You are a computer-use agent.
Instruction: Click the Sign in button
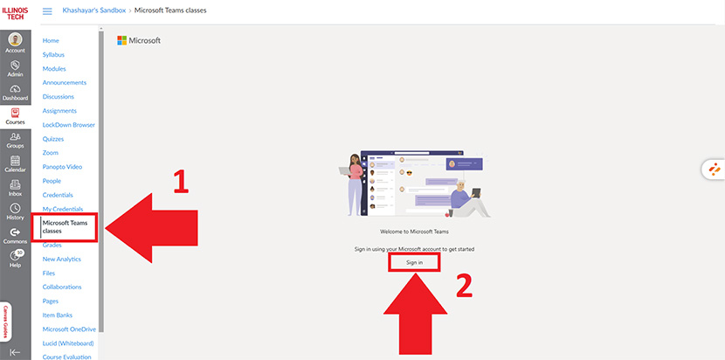414,262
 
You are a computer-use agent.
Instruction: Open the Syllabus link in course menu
53,55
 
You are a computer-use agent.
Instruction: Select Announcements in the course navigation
64,82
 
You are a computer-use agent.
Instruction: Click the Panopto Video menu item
62,166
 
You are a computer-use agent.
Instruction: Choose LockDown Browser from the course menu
68,124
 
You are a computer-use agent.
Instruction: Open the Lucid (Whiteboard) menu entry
68,343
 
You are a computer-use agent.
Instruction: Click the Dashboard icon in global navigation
15,90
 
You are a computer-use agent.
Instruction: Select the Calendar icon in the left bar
15,163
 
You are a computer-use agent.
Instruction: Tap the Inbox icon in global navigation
15,186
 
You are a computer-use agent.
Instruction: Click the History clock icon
15,211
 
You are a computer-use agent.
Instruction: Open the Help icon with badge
15,257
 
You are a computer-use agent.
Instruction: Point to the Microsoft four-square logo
122,40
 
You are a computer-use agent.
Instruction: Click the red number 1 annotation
180,182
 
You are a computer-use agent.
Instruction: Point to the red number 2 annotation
464,286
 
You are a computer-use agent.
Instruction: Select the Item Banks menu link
60,315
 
